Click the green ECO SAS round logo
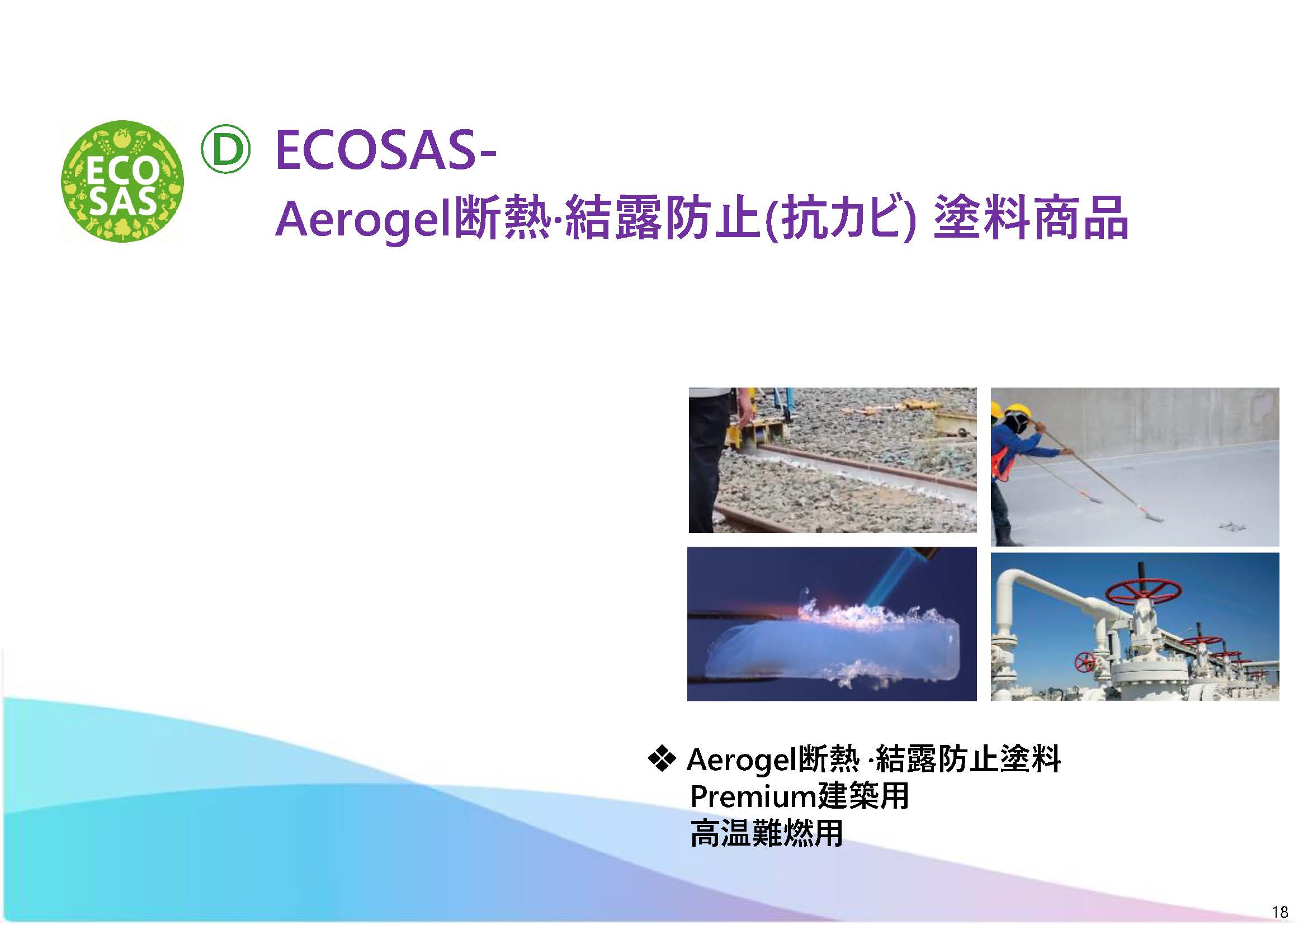coord(122,182)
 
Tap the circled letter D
coord(225,149)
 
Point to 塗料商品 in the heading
coord(1032,218)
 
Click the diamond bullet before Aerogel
coord(662,758)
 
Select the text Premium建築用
coord(799,796)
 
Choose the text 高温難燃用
coord(766,833)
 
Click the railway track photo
coord(832,460)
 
